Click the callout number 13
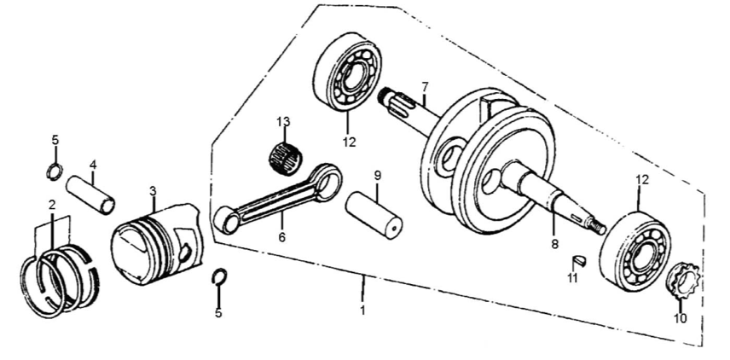(283, 122)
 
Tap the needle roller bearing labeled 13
(286, 158)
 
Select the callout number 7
(424, 87)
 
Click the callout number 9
(377, 176)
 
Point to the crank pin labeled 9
(374, 215)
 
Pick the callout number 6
(281, 237)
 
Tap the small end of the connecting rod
(226, 220)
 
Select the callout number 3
(153, 191)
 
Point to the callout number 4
(93, 165)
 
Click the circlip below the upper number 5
(55, 171)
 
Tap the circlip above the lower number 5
(219, 276)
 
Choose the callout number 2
(52, 205)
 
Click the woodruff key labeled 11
(580, 260)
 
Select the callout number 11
(572, 278)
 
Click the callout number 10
(681, 319)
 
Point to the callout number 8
(554, 244)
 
